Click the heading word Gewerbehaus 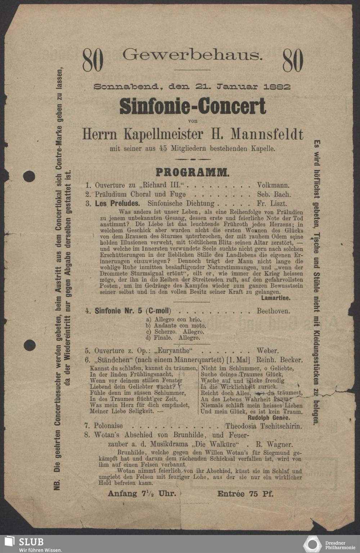(193, 55)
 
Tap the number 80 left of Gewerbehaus (93, 60)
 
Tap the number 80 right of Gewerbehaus (293, 60)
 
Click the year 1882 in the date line (277, 87)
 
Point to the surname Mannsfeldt (267, 134)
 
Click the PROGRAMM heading (192, 172)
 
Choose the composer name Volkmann (273, 186)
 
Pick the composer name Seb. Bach (274, 195)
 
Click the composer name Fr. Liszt (272, 204)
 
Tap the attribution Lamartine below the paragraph (276, 298)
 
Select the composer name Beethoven (273, 311)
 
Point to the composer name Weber (267, 351)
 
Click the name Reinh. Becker (279, 360)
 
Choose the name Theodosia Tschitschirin (264, 426)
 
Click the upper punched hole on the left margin (30, 177)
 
